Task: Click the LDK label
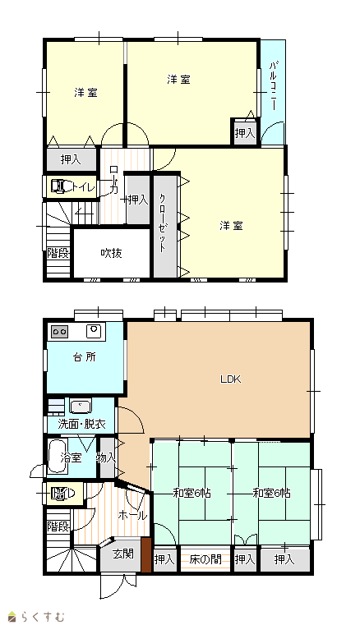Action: click(x=231, y=379)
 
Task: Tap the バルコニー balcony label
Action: click(x=273, y=85)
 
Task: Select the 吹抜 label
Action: click(x=111, y=253)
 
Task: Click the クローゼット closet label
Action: click(x=163, y=223)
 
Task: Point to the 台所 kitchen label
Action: click(x=85, y=356)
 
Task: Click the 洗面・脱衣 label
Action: click(x=82, y=424)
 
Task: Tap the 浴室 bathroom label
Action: click(x=71, y=457)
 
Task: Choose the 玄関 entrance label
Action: click(x=122, y=554)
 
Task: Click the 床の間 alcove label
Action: click(x=205, y=559)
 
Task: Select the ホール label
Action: click(x=132, y=516)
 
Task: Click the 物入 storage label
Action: click(x=106, y=458)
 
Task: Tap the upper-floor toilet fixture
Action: click(x=61, y=186)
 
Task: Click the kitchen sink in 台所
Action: click(x=95, y=331)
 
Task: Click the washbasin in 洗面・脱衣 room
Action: click(x=81, y=406)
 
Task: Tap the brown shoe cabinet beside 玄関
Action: click(x=146, y=554)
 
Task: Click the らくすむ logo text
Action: click(x=43, y=617)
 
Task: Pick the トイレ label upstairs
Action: click(x=83, y=186)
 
